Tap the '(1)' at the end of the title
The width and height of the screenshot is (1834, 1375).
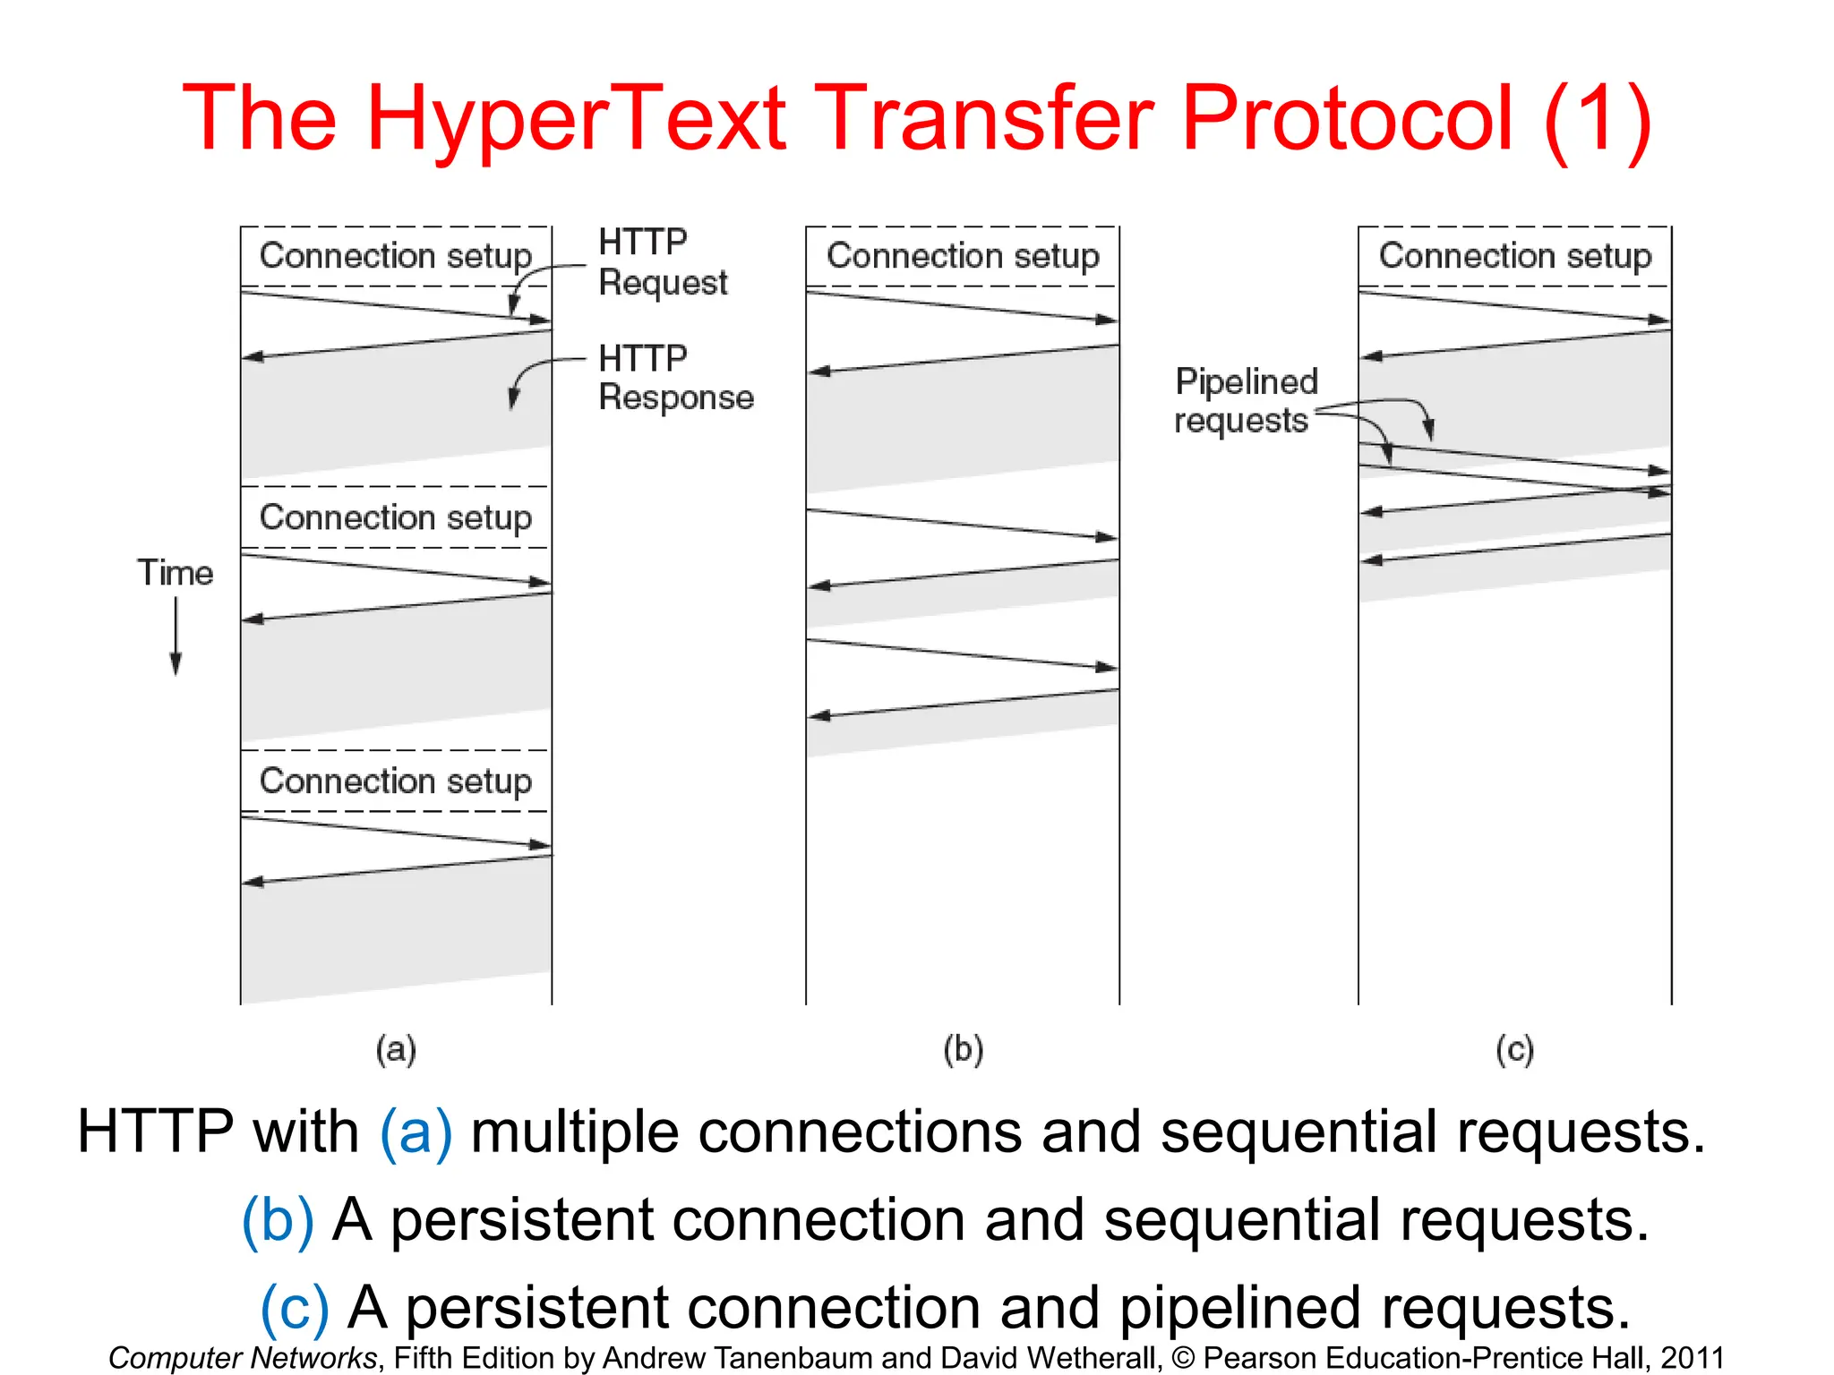tap(1598, 120)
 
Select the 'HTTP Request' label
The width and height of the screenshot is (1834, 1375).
tap(663, 261)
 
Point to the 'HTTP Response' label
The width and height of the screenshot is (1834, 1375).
tap(676, 378)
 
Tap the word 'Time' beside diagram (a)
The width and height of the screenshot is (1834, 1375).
tap(176, 573)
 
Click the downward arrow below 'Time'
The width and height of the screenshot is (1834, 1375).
tap(176, 636)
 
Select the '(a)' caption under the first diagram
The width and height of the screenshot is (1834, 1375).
tap(396, 1049)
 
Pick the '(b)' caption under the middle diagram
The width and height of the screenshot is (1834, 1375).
tap(964, 1049)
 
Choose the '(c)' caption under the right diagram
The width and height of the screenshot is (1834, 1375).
tap(1515, 1049)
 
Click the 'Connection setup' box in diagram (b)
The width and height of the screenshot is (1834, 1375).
tap(963, 256)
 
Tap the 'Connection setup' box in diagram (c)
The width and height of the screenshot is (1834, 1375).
tap(1515, 256)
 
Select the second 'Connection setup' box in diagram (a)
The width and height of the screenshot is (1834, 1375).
tap(396, 517)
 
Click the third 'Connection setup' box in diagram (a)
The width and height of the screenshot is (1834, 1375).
tap(396, 781)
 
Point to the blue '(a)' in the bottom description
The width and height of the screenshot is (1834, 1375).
tap(416, 1132)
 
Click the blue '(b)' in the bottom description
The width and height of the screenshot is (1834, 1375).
tap(278, 1220)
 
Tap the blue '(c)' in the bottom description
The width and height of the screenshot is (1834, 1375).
tap(294, 1308)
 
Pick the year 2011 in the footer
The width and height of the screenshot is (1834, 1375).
tap(1693, 1358)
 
